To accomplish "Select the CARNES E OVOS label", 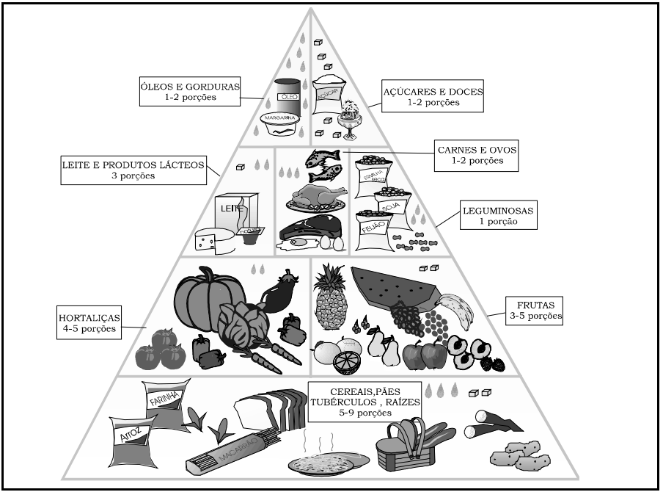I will point(475,154).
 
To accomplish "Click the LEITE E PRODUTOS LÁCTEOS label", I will point(132,170).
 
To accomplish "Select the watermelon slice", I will point(393,287).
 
